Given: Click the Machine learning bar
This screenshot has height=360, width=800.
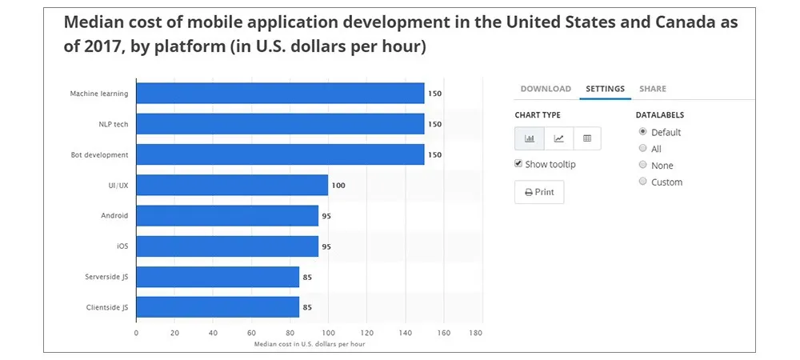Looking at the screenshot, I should tap(280, 94).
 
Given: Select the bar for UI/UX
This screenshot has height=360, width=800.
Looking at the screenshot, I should tap(232, 185).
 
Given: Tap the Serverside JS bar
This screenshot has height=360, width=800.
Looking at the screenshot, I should tap(218, 277).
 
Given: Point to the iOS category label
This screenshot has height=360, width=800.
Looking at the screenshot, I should tap(122, 246).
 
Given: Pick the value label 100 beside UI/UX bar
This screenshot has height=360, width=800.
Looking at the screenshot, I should tap(338, 186).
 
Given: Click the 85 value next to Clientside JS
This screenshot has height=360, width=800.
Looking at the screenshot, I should tap(307, 307).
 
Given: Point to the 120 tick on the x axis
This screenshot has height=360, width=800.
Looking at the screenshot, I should tap(367, 332).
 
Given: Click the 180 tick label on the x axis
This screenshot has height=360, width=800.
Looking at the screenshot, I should tap(476, 332).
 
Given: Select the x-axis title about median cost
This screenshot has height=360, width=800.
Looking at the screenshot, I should tap(309, 344).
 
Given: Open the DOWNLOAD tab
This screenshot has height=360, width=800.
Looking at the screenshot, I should tap(546, 89).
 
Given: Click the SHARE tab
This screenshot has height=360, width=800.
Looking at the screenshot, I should tap(652, 89).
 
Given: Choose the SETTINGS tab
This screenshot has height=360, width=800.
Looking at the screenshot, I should tap(605, 89).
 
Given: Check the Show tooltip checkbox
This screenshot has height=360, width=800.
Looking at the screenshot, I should tap(518, 164).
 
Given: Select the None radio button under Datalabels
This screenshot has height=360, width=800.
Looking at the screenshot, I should tap(642, 165).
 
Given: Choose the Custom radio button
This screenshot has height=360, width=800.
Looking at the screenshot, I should tap(642, 182).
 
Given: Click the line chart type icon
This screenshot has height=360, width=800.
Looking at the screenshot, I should tap(558, 138).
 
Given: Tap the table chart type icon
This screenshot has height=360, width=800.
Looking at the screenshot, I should tap(587, 138).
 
